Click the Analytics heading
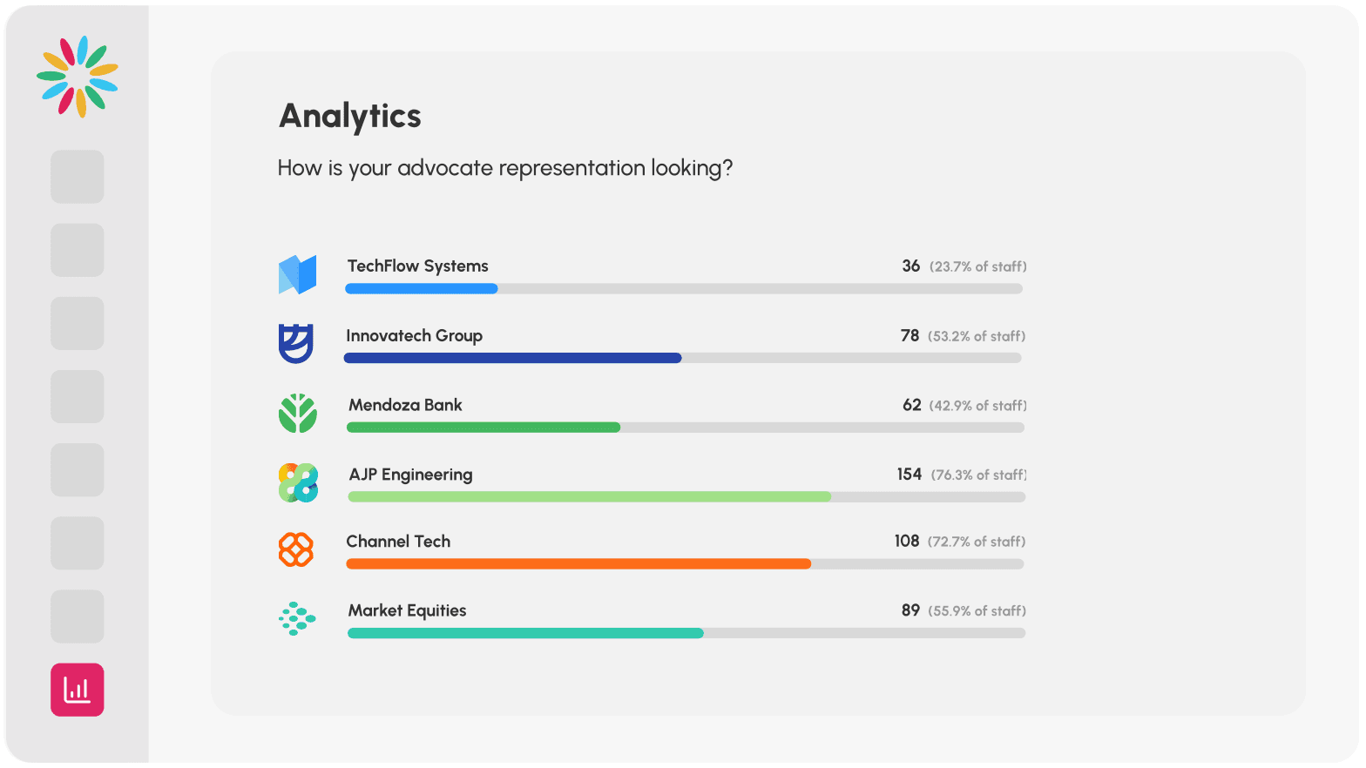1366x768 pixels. [x=349, y=117]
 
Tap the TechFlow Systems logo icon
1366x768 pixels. [x=297, y=274]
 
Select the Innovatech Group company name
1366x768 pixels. [x=414, y=336]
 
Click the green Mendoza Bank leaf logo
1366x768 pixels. [x=297, y=413]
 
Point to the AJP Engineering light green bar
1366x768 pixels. [x=589, y=496]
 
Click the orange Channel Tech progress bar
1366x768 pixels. [x=578, y=564]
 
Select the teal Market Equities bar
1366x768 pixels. [x=525, y=633]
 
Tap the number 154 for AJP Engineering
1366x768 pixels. [x=909, y=475]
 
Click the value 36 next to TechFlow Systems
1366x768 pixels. [x=910, y=266]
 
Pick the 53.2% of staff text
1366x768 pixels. [x=976, y=336]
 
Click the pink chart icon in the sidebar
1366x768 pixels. [x=78, y=690]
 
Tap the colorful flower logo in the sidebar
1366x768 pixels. [x=78, y=77]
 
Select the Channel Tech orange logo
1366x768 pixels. [x=296, y=549]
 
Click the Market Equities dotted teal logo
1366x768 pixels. [x=297, y=618]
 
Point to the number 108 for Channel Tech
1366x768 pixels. [x=906, y=542]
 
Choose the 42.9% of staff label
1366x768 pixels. [x=977, y=406]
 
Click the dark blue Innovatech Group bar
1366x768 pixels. [x=512, y=358]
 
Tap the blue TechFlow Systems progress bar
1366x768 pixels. [x=422, y=288]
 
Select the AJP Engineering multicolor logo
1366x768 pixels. [x=298, y=482]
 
